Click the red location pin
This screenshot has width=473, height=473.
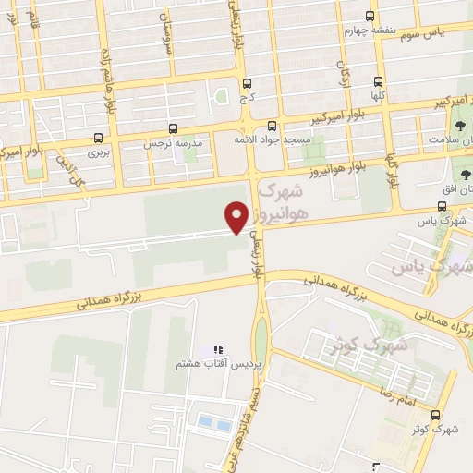236,216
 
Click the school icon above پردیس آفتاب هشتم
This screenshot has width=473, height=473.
219,349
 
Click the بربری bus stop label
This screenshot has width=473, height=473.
99,151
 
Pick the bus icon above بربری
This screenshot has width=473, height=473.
99,138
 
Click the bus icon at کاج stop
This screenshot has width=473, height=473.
247,81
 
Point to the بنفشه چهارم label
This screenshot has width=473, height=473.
370,29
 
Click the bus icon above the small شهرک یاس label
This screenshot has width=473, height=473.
443,207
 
